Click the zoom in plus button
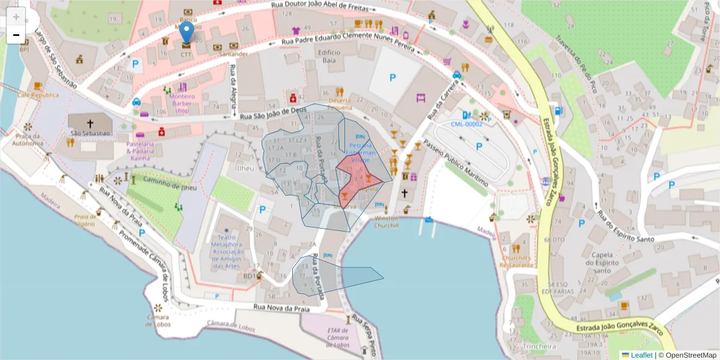pos(16,17)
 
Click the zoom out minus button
pos(16,35)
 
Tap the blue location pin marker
pos(187,32)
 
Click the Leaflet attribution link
pos(641,355)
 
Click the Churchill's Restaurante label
pos(517,261)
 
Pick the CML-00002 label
pos(467,124)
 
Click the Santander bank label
pos(233,54)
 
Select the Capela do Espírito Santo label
pos(601,262)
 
